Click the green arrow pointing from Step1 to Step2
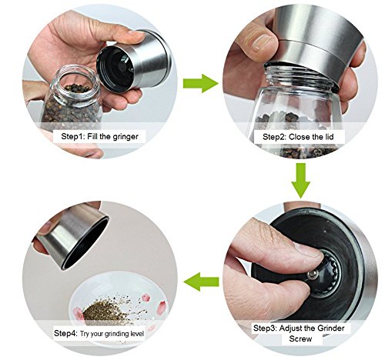(x=201, y=83)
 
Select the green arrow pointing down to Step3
(x=300, y=181)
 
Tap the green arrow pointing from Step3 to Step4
(x=201, y=282)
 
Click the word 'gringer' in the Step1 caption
(x=126, y=137)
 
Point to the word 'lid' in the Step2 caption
(x=330, y=137)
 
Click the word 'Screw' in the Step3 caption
(x=300, y=338)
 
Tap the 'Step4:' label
(x=65, y=333)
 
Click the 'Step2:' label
(x=274, y=137)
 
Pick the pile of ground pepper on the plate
(x=102, y=311)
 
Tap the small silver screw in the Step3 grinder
(x=312, y=275)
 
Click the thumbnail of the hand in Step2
(x=263, y=43)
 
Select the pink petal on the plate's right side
(x=162, y=308)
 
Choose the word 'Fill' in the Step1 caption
(x=92, y=136)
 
